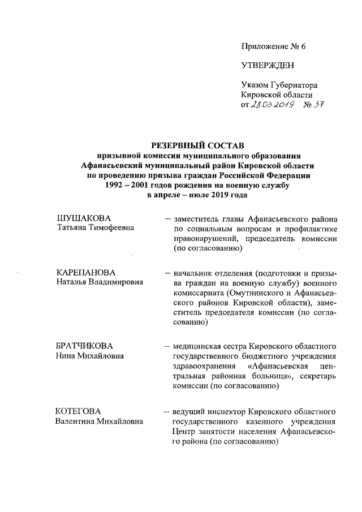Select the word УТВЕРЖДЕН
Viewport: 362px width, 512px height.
pos(268,65)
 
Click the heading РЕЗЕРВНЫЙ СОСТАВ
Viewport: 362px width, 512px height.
pos(197,145)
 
